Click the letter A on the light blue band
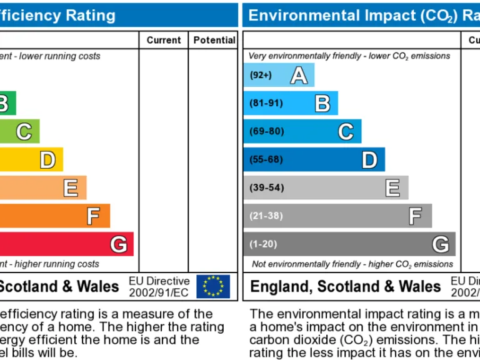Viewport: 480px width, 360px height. click(x=299, y=76)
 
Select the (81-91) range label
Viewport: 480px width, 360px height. click(x=266, y=103)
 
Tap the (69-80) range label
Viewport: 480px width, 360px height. click(x=266, y=131)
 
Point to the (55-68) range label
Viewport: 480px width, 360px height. click(x=266, y=159)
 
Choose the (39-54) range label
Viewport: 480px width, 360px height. click(x=266, y=187)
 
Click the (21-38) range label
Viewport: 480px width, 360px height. click(x=266, y=216)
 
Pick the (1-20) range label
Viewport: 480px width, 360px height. click(x=263, y=244)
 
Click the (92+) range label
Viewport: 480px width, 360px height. click(x=261, y=76)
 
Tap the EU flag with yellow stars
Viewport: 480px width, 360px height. click(x=213, y=286)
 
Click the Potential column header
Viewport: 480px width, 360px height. click(x=214, y=40)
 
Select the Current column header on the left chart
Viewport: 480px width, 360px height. click(x=164, y=40)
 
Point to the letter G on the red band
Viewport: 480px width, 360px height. click(x=119, y=244)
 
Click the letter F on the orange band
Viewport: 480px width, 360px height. click(x=93, y=216)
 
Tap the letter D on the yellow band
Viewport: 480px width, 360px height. click(x=47, y=160)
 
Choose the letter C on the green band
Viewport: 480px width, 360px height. click(x=24, y=132)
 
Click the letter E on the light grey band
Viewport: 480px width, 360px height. click(x=392, y=187)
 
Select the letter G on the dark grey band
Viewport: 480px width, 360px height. click(x=441, y=244)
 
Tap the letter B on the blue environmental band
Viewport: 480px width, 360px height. click(x=322, y=103)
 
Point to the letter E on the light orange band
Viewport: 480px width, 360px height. click(x=71, y=188)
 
